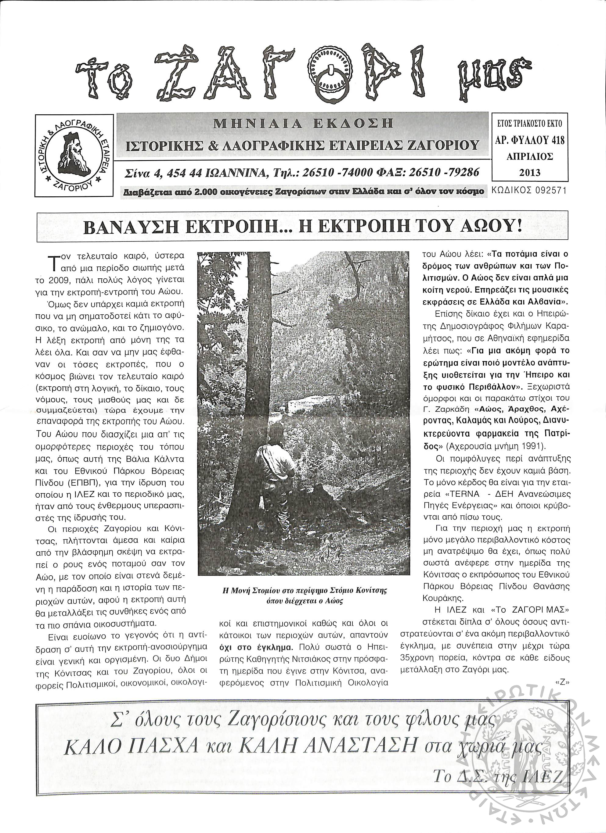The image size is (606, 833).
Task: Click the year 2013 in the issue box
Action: tap(529, 172)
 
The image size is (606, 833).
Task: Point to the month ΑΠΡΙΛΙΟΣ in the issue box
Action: tap(529, 156)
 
